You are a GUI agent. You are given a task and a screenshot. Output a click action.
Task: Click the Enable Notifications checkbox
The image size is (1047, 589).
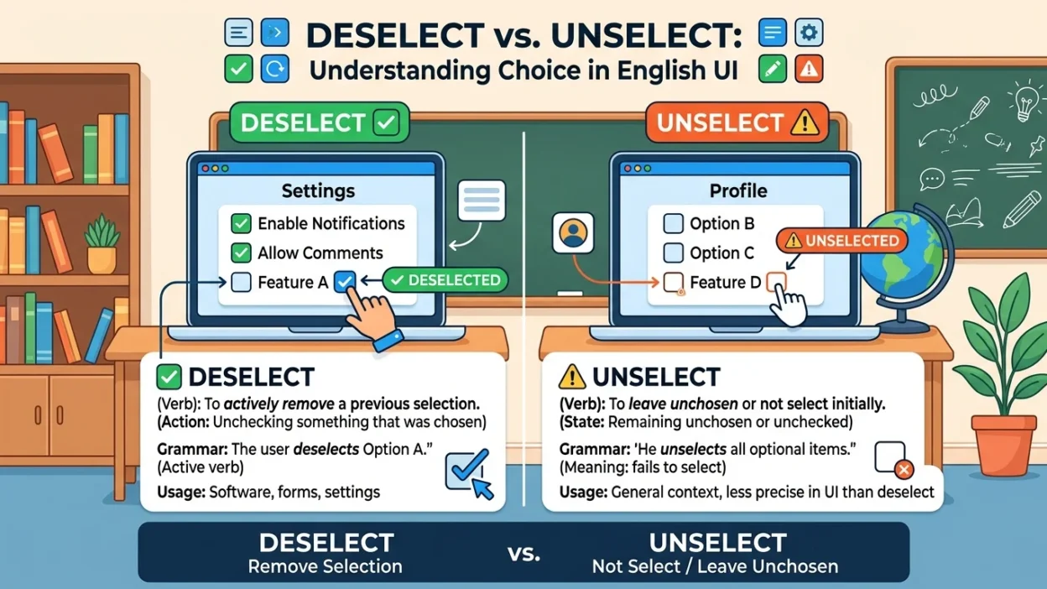click(241, 223)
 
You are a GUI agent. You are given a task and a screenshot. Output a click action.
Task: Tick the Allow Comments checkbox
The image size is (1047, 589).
click(241, 253)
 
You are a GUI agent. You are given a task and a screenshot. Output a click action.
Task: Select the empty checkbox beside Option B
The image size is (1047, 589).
click(673, 223)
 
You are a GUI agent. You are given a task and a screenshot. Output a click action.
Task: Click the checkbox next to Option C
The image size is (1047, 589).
click(673, 253)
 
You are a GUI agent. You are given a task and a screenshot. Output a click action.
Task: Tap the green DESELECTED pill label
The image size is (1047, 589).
click(445, 280)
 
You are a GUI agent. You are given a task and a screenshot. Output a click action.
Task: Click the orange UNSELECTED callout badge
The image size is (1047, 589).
click(841, 241)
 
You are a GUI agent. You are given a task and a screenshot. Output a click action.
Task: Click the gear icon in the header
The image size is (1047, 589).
click(809, 32)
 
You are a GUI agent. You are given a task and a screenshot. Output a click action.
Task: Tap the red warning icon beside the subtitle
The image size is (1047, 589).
click(809, 69)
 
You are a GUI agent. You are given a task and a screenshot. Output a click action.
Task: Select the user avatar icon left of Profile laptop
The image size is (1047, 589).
click(573, 232)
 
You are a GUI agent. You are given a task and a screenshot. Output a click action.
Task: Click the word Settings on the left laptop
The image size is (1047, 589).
click(318, 190)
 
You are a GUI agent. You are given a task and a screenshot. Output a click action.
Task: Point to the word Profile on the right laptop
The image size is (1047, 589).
click(738, 190)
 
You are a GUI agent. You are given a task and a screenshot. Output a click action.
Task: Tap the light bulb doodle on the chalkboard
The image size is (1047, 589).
click(1025, 101)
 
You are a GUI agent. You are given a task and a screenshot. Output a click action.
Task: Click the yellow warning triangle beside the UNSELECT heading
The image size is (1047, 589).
click(571, 377)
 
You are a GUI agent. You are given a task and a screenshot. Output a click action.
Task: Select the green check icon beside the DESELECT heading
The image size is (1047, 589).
click(169, 377)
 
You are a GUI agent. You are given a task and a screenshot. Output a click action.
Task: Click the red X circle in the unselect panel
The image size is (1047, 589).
click(904, 469)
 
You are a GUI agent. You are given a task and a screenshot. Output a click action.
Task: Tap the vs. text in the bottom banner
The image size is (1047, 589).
click(524, 554)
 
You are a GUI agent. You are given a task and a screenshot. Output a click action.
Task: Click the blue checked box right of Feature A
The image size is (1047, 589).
click(345, 281)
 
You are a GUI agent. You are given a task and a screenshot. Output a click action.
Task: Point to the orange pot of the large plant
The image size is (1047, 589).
click(1003, 445)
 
